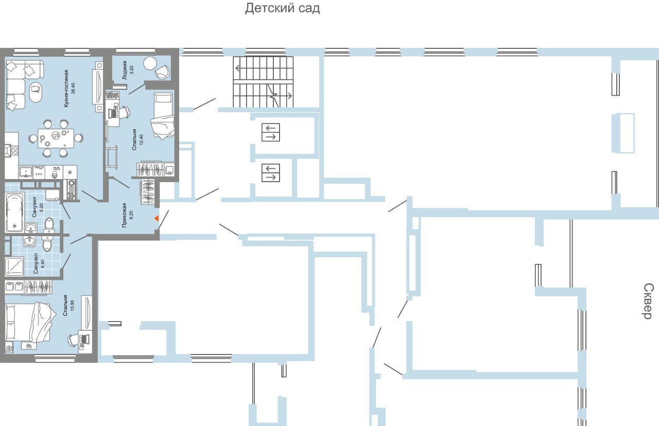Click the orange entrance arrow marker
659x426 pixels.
pos(157,218)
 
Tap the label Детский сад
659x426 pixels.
pos(283,8)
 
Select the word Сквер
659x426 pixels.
pos(648,301)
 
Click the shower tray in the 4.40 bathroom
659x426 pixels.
pos(14,267)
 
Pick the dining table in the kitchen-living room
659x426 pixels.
pos(56,138)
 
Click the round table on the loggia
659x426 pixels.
pos(150,63)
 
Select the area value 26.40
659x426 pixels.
pos(73,88)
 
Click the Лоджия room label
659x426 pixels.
pos(125,70)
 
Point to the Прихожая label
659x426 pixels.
pos(125,215)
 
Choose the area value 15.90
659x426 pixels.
pos(73,305)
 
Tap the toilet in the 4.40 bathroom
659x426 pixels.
pos(47,243)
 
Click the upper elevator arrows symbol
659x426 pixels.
pos(271,132)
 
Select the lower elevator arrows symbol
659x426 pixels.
pos(271,173)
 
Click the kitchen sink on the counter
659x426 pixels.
pos(26,172)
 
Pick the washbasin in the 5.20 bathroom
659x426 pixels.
pos(31,227)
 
